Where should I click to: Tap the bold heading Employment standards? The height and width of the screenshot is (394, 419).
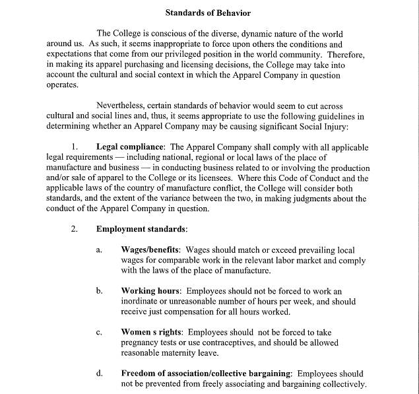(x=141, y=230)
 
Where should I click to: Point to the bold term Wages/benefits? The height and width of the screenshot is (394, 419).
(x=151, y=250)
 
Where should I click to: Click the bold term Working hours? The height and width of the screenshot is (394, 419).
(x=151, y=291)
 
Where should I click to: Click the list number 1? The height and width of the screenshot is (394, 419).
(x=75, y=147)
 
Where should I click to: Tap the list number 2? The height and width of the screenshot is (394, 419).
(x=75, y=230)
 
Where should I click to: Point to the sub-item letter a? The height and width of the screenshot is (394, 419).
(x=99, y=251)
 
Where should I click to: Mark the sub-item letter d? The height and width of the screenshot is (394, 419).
(x=99, y=374)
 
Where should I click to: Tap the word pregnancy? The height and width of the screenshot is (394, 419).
(x=141, y=343)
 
